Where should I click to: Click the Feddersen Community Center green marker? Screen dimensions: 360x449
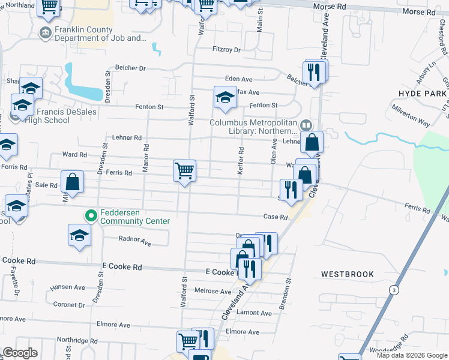(x=91, y=215)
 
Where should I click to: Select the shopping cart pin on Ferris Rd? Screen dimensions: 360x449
(x=184, y=170)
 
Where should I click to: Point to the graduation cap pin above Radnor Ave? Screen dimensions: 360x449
(x=79, y=235)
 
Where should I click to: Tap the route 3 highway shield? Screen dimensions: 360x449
(x=394, y=290)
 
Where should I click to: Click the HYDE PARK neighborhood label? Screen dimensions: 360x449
(x=423, y=93)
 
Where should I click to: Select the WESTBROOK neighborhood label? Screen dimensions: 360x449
(x=347, y=274)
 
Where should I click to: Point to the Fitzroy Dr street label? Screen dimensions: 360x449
(x=226, y=49)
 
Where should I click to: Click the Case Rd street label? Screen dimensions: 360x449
(x=276, y=217)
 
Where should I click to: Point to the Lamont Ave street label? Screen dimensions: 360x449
(x=254, y=313)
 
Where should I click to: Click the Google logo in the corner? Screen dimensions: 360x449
(x=20, y=353)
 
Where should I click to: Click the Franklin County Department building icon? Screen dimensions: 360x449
(x=45, y=32)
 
